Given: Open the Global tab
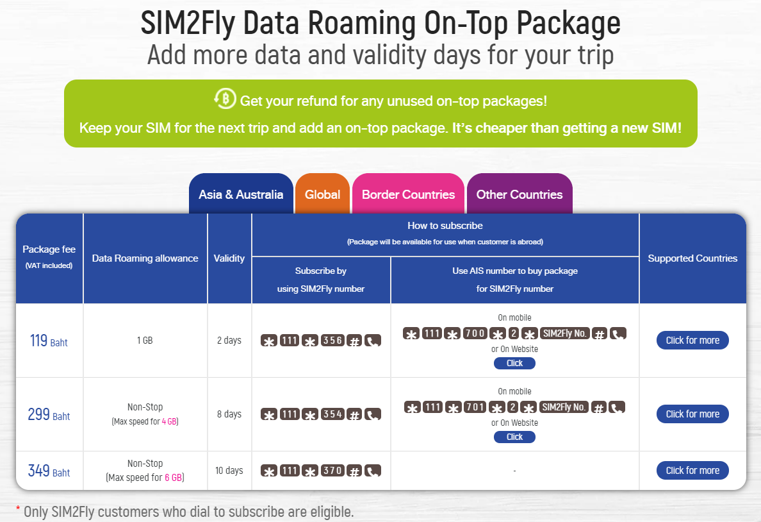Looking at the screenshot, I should [x=322, y=194].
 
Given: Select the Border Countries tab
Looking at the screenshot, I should [x=408, y=194].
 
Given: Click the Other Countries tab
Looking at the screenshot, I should [x=520, y=194].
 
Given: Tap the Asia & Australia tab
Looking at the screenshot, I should [x=241, y=194].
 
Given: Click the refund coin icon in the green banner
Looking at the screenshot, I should [x=225, y=99].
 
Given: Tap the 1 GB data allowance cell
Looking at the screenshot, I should [x=145, y=341].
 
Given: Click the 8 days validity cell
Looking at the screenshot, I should [x=229, y=414].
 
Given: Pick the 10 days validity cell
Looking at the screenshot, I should [x=229, y=471].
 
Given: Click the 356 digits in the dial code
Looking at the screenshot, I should [x=332, y=341].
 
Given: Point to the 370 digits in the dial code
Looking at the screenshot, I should [x=332, y=471].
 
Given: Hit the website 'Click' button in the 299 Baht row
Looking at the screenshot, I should [x=514, y=437].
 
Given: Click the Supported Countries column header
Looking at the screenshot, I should [x=692, y=258].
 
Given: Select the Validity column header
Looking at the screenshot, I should [x=229, y=258].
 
